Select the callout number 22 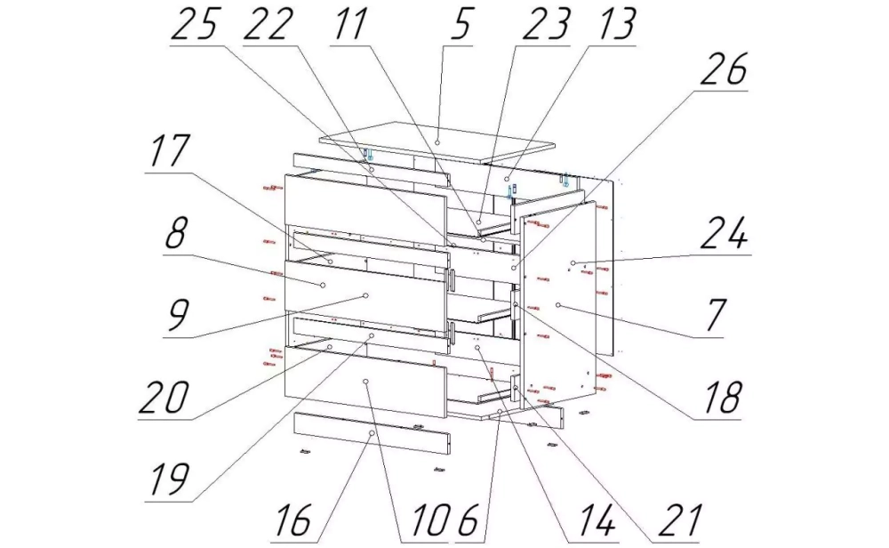click(268, 24)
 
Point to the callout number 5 click(460, 24)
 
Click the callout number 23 click(545, 24)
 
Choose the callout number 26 click(724, 69)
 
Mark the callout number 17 click(169, 151)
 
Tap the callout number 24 click(724, 234)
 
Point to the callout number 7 click(715, 316)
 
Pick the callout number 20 click(164, 397)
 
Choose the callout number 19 click(169, 479)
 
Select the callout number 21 click(680, 520)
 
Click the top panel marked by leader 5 click(437, 141)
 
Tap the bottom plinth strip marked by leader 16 click(372, 434)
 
